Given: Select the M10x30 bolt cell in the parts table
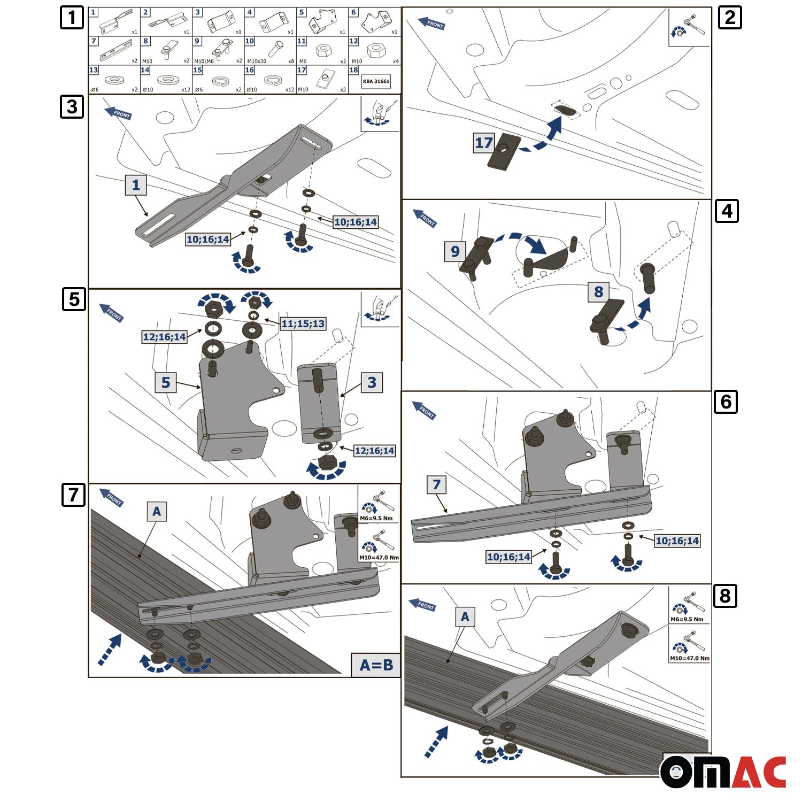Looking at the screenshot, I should [270, 51].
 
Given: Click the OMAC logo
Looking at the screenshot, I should [723, 772].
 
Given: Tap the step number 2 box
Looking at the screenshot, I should [729, 18].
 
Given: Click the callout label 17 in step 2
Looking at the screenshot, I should [483, 143].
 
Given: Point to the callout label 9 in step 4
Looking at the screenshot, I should [455, 251].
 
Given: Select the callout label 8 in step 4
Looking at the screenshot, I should [598, 291].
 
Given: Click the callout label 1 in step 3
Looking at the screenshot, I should [136, 185].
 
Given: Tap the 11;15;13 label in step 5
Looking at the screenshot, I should [303, 323].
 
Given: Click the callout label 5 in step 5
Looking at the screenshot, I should [166, 382].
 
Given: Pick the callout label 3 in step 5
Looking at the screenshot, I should [372, 382].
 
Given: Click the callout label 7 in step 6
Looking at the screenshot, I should [436, 484].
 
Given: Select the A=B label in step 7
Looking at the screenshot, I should [376, 665].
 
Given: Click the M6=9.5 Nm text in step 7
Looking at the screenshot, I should [376, 518].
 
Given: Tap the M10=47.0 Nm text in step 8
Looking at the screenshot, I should [690, 658].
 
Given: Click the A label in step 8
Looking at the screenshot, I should [465, 616].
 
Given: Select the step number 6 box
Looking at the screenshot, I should [726, 402].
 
